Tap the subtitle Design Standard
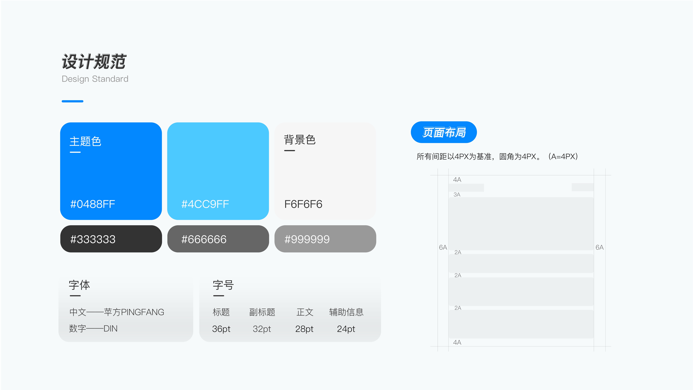(x=95, y=79)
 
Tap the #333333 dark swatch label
(x=93, y=239)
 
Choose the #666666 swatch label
(x=204, y=239)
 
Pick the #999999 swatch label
(x=307, y=239)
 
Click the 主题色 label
(x=85, y=141)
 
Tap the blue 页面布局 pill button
(x=444, y=132)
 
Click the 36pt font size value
(x=221, y=329)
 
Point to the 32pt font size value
(x=262, y=329)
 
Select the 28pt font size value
(x=304, y=329)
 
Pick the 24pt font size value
(x=346, y=329)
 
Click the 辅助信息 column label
(x=346, y=312)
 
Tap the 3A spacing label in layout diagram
(x=457, y=195)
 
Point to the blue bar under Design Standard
(x=72, y=101)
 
